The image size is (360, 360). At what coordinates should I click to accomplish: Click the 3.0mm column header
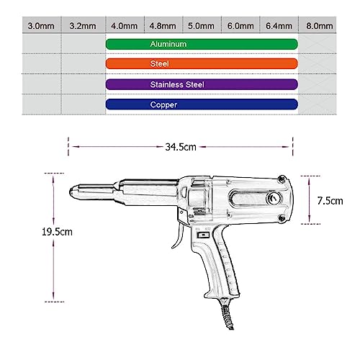(41, 26)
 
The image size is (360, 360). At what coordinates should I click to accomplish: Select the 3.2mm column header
(83, 26)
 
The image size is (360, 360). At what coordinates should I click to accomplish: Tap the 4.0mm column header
(125, 26)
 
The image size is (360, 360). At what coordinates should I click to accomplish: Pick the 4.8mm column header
(163, 26)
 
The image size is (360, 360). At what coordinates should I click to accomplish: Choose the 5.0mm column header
(201, 26)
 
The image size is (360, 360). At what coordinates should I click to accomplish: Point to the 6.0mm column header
(240, 26)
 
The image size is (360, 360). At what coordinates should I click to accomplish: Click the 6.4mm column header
(279, 26)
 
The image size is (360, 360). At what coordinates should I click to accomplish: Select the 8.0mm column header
(320, 26)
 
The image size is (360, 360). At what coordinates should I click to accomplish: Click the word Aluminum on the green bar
(168, 44)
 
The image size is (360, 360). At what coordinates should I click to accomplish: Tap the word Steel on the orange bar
(159, 63)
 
